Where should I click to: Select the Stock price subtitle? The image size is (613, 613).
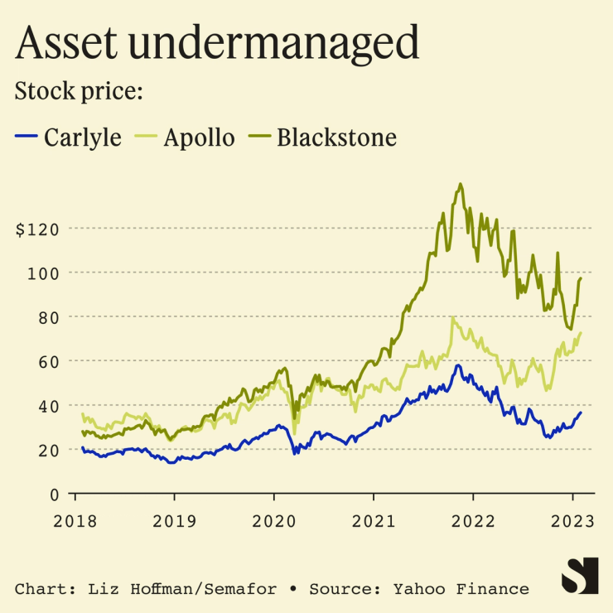click(80, 91)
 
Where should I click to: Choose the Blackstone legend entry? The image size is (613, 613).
click(336, 137)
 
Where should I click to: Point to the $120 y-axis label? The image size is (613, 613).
click(38, 229)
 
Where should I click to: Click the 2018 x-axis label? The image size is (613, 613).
click(75, 522)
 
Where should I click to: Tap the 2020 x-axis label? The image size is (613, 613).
click(273, 522)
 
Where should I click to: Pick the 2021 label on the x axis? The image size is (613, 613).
click(374, 522)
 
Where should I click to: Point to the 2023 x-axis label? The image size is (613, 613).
click(573, 522)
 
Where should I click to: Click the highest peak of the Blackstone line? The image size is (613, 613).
click(460, 184)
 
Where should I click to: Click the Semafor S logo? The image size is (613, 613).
click(580, 575)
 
